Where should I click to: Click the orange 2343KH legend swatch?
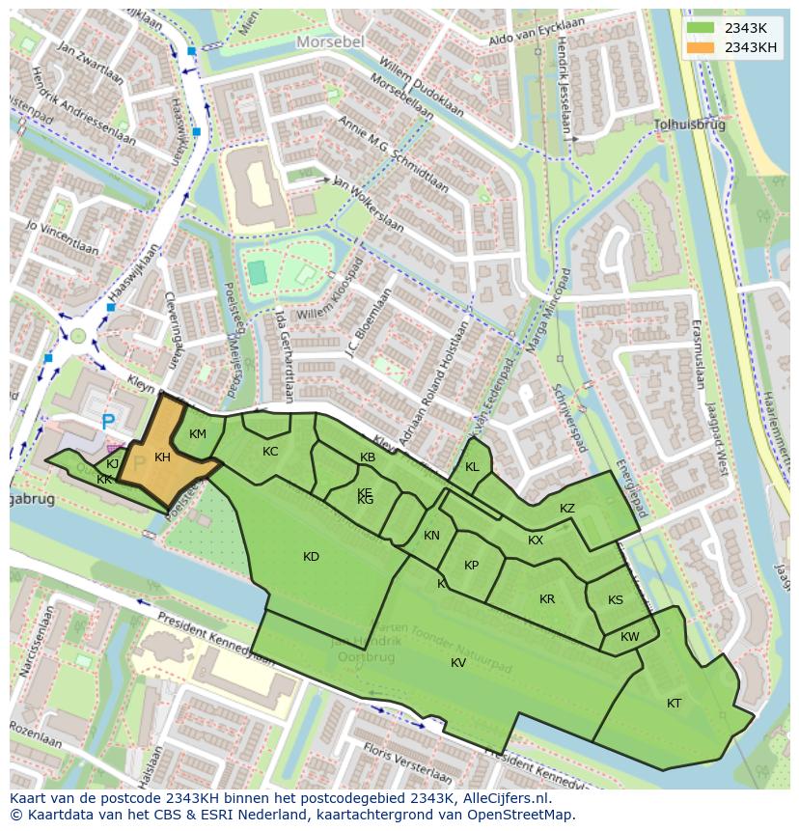tap(703, 47)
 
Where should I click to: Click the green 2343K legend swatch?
tap(703, 28)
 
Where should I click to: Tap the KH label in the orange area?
tap(162, 457)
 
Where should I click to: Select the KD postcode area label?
tap(311, 557)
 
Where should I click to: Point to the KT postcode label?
tap(674, 704)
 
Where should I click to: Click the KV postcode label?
tap(458, 662)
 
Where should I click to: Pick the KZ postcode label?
tap(567, 509)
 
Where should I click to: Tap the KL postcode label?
tap(472, 467)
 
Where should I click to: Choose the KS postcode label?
tap(616, 600)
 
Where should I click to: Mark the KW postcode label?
tap(629, 637)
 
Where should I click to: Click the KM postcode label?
tap(198, 434)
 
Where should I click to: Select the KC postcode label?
tap(270, 452)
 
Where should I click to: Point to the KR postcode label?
tap(547, 599)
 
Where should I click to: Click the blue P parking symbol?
tap(108, 423)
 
